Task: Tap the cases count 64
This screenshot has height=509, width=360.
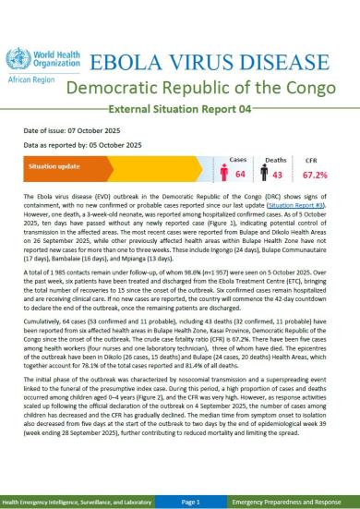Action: tap(238, 176)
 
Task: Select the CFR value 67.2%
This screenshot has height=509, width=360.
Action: tap(327, 176)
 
